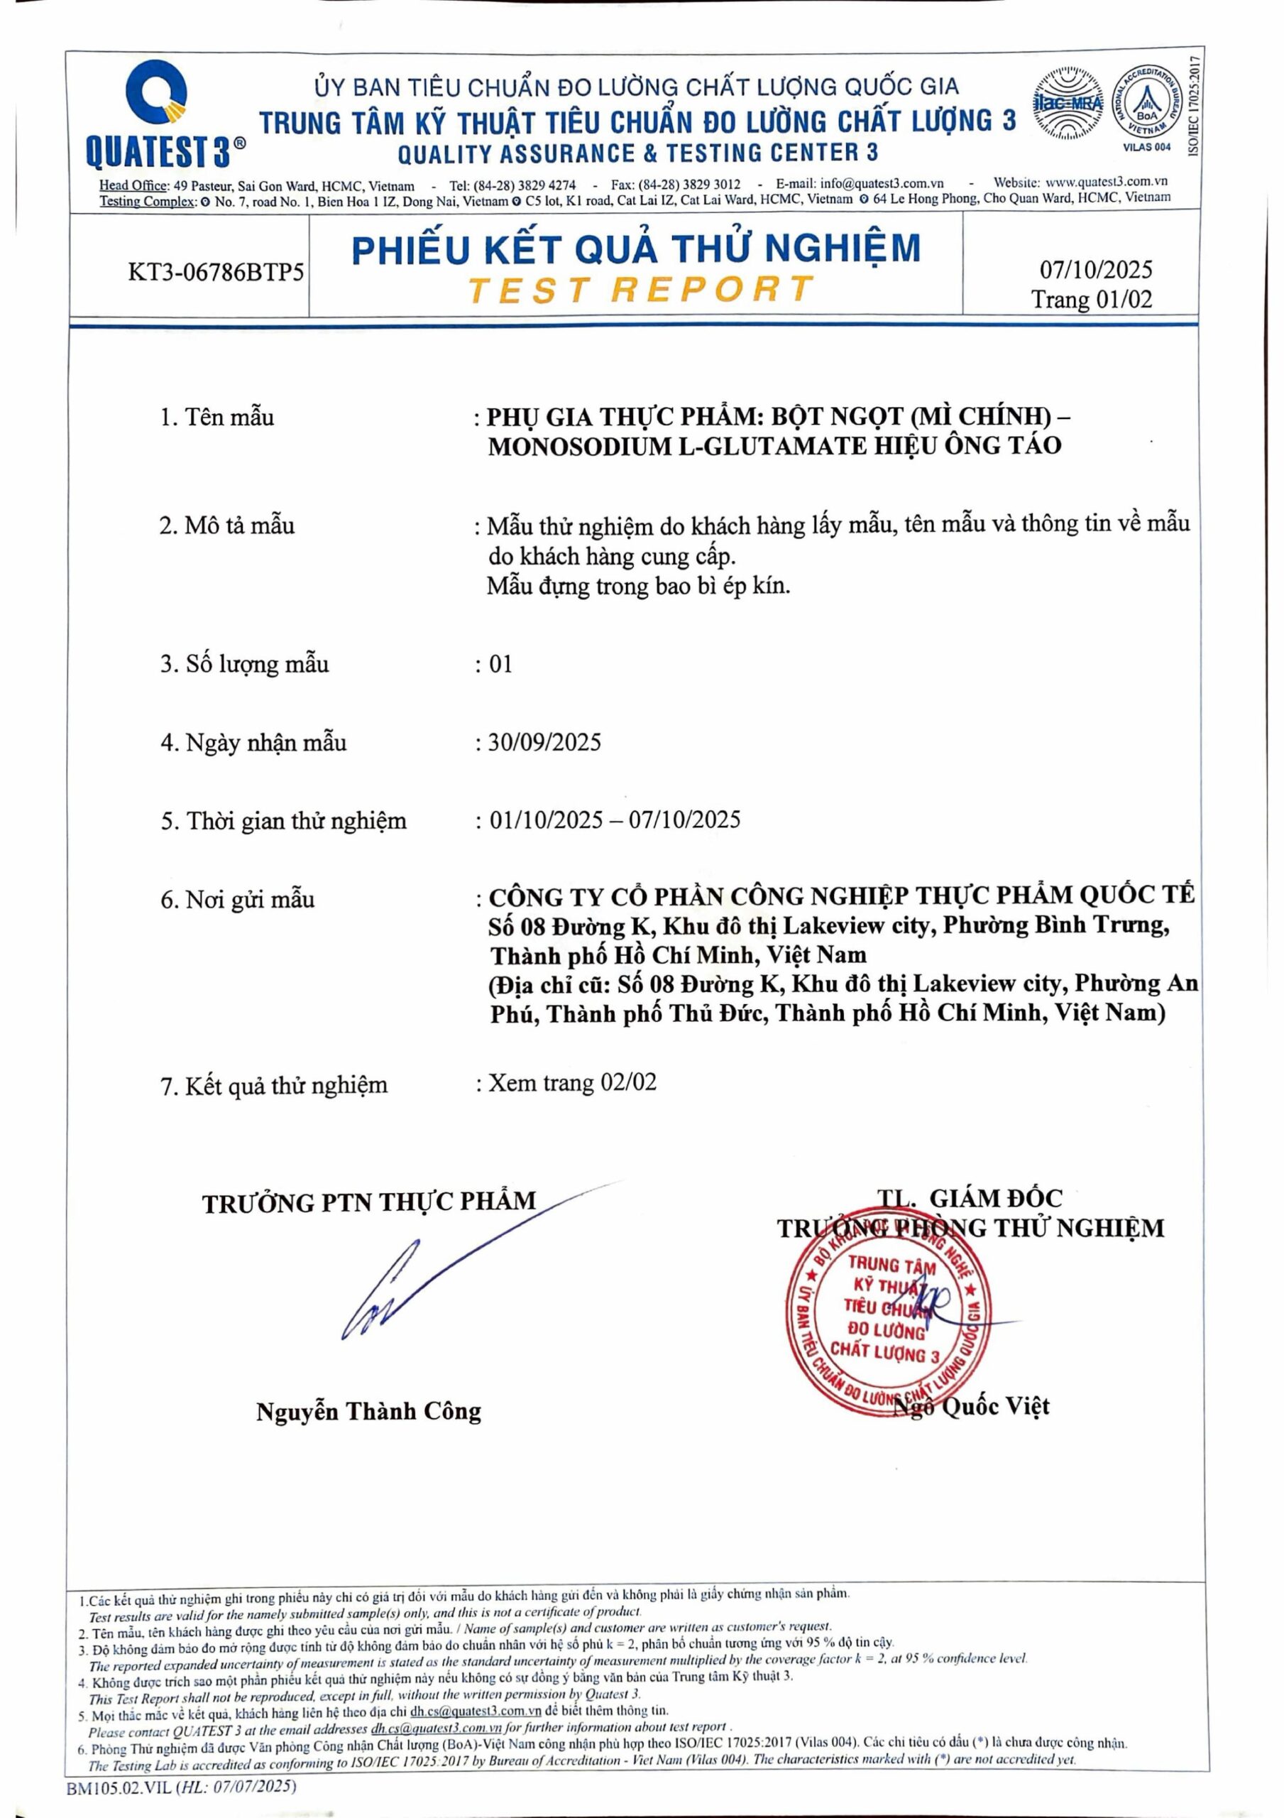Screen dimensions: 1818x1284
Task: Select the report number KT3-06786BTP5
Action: [216, 273]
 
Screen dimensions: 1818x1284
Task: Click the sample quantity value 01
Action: [500, 663]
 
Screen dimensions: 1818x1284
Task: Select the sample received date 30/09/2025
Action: [544, 742]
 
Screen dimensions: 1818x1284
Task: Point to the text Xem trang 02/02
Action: [571, 1082]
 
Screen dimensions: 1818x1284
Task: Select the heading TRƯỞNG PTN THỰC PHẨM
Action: [369, 1203]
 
